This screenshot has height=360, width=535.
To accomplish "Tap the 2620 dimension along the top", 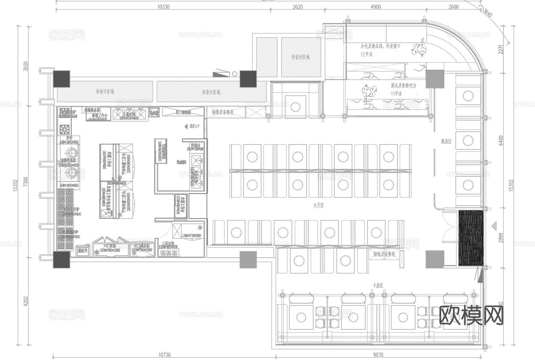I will [x=298, y=6].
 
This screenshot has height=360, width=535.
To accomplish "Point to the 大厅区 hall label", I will [x=318, y=206].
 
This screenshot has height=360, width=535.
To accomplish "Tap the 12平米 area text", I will [x=367, y=54].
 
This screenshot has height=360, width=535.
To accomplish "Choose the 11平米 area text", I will [x=397, y=93].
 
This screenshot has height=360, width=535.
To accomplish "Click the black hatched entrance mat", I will [x=471, y=238].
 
